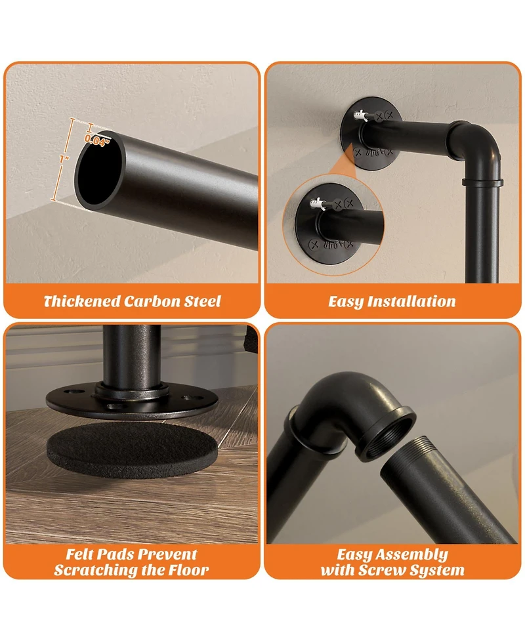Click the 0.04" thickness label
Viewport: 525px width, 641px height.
click(x=97, y=140)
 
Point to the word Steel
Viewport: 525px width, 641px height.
click(x=202, y=301)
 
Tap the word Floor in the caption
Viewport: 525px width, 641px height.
click(x=188, y=570)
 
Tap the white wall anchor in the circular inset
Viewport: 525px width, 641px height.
click(x=318, y=203)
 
